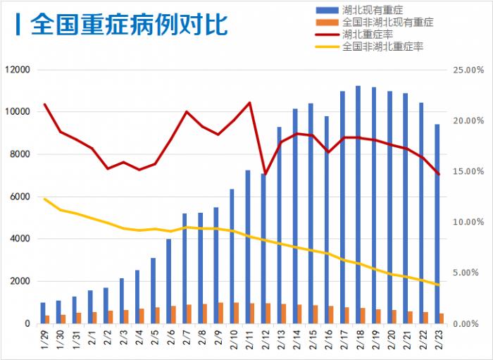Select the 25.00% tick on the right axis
pos(468,70)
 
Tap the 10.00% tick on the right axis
pos(468,222)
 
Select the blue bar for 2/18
pos(358,204)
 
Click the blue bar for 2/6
pos(168,281)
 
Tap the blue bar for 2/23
pos(437,224)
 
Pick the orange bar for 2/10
pos(236,314)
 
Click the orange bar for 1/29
pos(47,319)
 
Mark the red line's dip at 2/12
pos(265,173)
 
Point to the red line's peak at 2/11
pos(249,103)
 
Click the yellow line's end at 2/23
pos(439,285)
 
